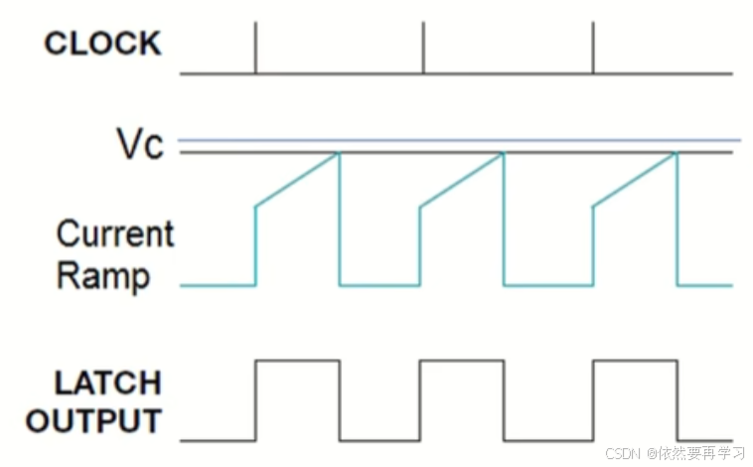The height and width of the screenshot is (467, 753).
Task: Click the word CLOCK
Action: (102, 44)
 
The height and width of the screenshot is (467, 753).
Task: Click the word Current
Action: (114, 234)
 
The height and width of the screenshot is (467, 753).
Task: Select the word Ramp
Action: (103, 275)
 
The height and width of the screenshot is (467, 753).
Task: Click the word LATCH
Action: (94, 383)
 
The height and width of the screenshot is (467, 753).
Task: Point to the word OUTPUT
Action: (93, 420)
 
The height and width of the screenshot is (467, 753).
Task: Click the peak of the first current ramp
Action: (339, 153)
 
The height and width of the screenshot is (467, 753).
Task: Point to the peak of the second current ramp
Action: (504, 153)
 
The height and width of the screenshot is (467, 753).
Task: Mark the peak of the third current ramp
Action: (676, 153)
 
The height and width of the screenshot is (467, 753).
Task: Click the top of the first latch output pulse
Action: (298, 361)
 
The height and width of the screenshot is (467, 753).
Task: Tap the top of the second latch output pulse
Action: (462, 361)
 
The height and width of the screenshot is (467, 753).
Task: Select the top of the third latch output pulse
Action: (635, 361)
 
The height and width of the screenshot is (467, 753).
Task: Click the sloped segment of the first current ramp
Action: (298, 180)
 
